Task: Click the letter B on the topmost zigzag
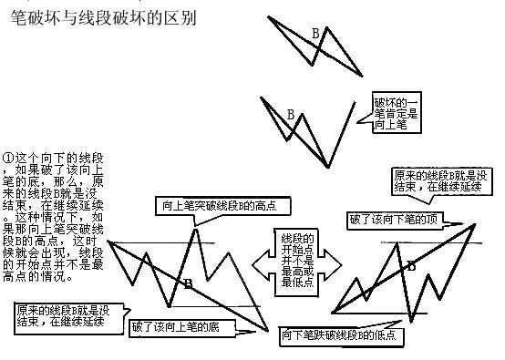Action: point(315,34)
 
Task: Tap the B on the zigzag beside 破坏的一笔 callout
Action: point(290,115)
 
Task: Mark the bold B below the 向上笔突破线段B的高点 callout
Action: point(188,284)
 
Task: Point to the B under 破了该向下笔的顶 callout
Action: point(411,266)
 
